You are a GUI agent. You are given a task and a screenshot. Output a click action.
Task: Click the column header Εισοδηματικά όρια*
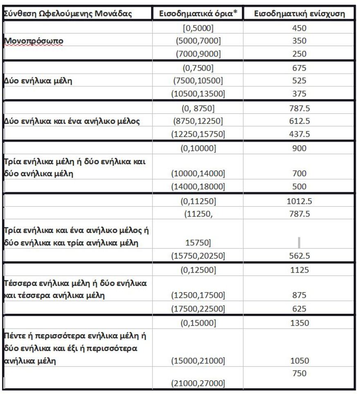[198, 14]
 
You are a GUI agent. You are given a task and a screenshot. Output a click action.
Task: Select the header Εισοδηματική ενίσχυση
[299, 14]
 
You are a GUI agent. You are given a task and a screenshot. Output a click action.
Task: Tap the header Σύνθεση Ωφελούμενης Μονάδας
[67, 14]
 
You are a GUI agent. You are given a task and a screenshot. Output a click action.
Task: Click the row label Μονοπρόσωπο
[33, 41]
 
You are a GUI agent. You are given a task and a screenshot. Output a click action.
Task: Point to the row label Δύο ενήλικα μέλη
[38, 81]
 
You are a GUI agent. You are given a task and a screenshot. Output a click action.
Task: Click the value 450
[299, 28]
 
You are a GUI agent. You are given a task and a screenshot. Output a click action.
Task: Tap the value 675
[299, 68]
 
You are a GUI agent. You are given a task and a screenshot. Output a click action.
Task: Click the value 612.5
[299, 121]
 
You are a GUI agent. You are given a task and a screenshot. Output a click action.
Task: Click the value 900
[299, 148]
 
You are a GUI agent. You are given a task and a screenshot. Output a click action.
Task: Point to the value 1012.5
[299, 201]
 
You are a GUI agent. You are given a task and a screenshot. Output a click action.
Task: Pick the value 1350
[299, 323]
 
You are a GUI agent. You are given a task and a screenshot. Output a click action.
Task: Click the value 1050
[299, 361]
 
